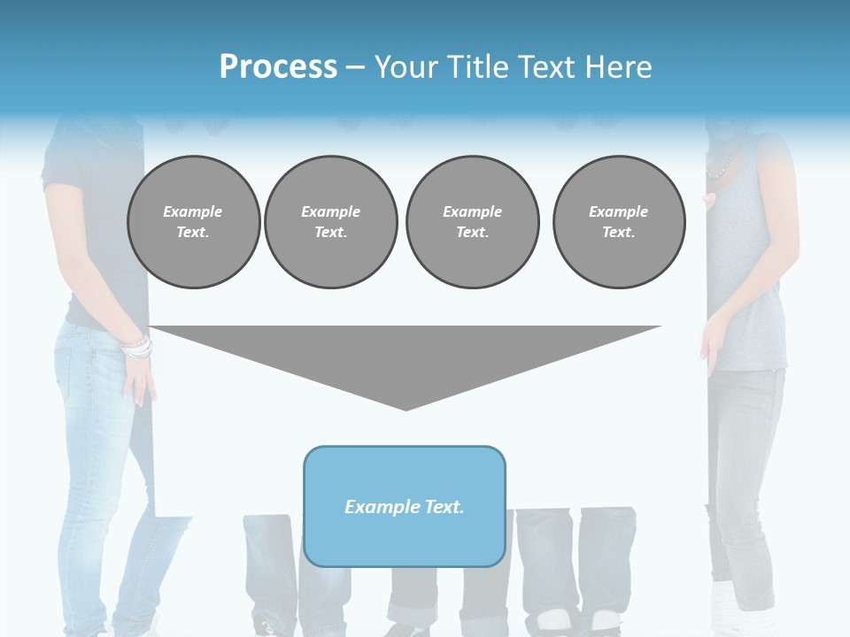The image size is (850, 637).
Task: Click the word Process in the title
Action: (278, 66)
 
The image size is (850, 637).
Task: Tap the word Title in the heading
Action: (473, 66)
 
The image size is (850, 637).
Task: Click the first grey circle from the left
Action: (193, 222)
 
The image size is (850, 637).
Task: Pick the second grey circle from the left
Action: (330, 222)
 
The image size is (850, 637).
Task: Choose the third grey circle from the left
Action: (472, 222)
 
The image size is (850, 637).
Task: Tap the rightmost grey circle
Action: (619, 222)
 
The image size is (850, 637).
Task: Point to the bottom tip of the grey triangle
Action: (406, 408)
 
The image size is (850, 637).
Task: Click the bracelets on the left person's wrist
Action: (137, 348)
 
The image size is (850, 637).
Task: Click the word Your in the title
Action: (405, 66)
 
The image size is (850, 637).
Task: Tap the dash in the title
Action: (355, 67)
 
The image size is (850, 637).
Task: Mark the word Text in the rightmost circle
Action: (618, 233)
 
